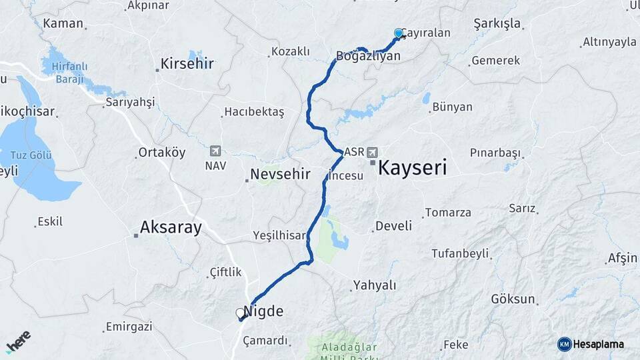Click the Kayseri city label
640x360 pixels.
coord(412,167)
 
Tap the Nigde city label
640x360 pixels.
coord(263,311)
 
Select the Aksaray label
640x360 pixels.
coord(171,228)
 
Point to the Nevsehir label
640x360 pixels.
coord(280,175)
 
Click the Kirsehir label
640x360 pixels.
coord(187,65)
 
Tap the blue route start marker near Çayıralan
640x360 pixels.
coord(399,33)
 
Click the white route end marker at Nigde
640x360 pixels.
coord(240,313)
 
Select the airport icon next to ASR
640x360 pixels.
coord(372,151)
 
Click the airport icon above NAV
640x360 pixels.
coord(215,151)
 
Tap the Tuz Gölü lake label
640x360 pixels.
coord(27,156)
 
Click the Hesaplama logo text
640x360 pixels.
coord(599,344)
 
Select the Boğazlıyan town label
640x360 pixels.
coord(369,56)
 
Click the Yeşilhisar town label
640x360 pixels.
coord(279,235)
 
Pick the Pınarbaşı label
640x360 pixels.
coord(495,153)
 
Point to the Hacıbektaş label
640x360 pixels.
coord(255,112)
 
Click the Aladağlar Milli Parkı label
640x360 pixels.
coord(349,352)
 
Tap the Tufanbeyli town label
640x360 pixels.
coord(460,253)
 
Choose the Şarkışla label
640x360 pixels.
coord(497,24)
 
